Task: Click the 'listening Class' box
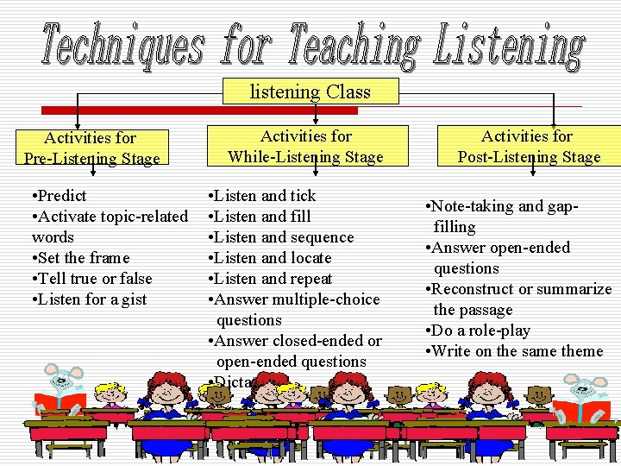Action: point(310,91)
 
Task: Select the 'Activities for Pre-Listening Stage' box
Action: point(91,148)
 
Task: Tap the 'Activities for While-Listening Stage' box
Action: point(305,146)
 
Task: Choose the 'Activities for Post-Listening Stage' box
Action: point(528,146)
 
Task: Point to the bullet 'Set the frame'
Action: point(79,258)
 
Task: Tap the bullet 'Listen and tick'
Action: point(263,196)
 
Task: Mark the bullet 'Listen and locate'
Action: point(270,258)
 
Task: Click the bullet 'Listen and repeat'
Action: point(271,279)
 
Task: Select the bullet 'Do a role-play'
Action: point(480,331)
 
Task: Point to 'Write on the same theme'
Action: point(515,351)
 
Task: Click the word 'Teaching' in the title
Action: point(354,45)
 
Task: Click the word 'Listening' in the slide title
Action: point(508,45)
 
